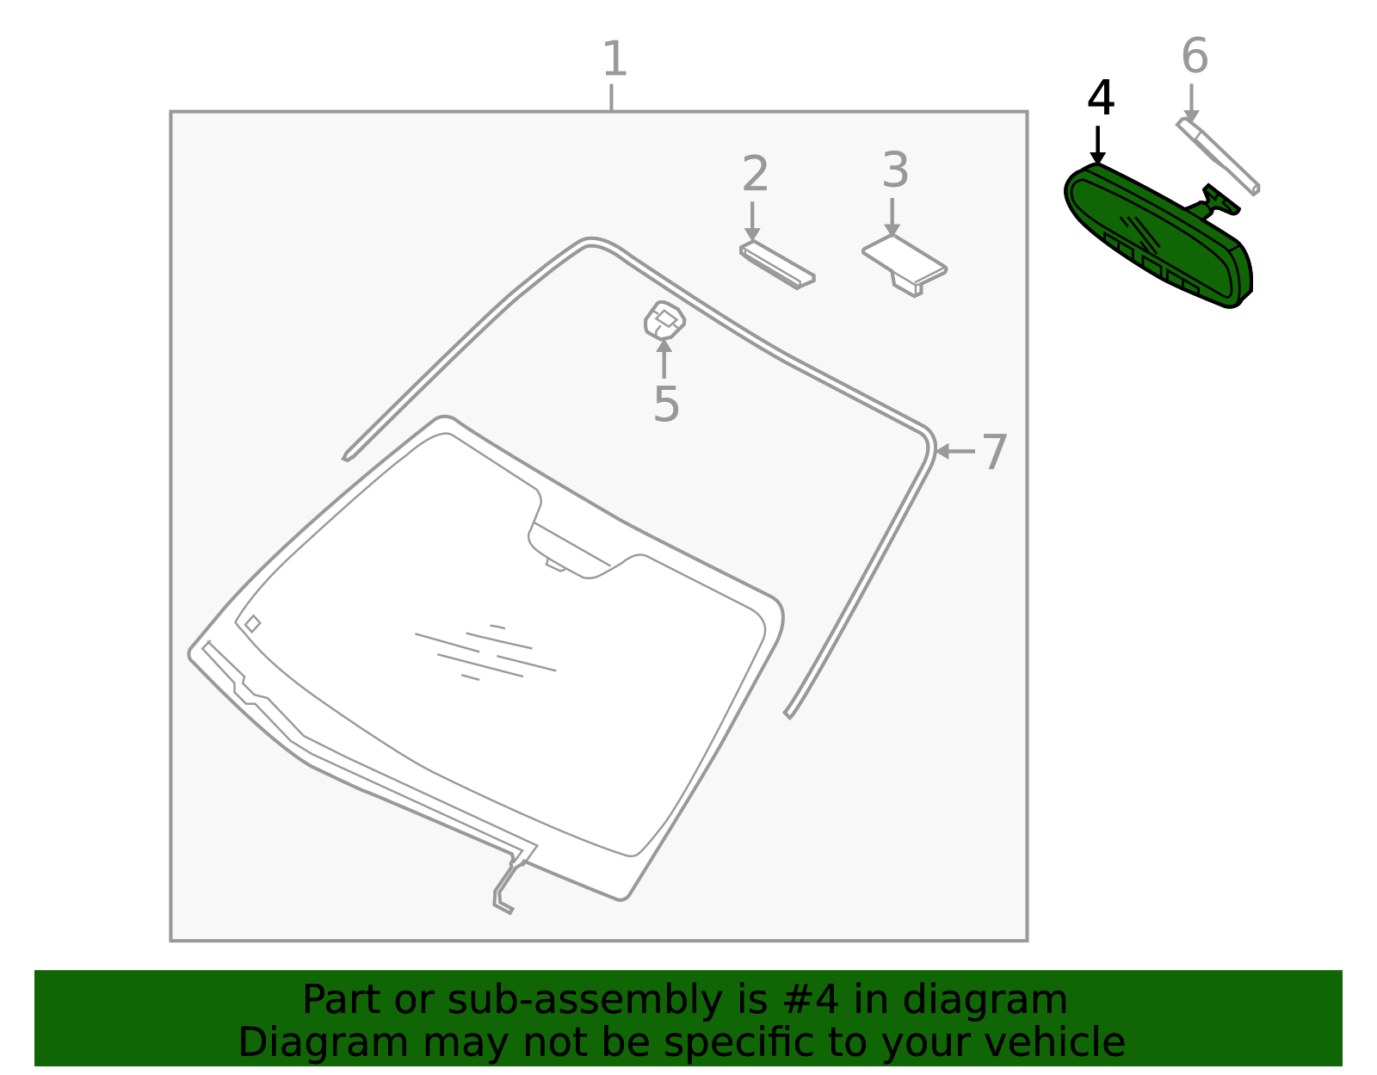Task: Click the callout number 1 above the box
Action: click(614, 59)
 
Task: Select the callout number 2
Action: click(756, 173)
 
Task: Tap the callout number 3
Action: click(895, 170)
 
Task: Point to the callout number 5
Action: click(666, 404)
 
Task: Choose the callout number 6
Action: click(1195, 56)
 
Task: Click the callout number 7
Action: click(994, 452)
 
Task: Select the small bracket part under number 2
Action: click(777, 265)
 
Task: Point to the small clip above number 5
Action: click(664, 319)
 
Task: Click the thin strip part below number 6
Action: click(1217, 156)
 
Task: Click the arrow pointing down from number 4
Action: click(1097, 145)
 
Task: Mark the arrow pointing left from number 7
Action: click(955, 452)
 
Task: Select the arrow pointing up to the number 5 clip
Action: click(664, 359)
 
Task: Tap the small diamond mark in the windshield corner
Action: click(252, 624)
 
